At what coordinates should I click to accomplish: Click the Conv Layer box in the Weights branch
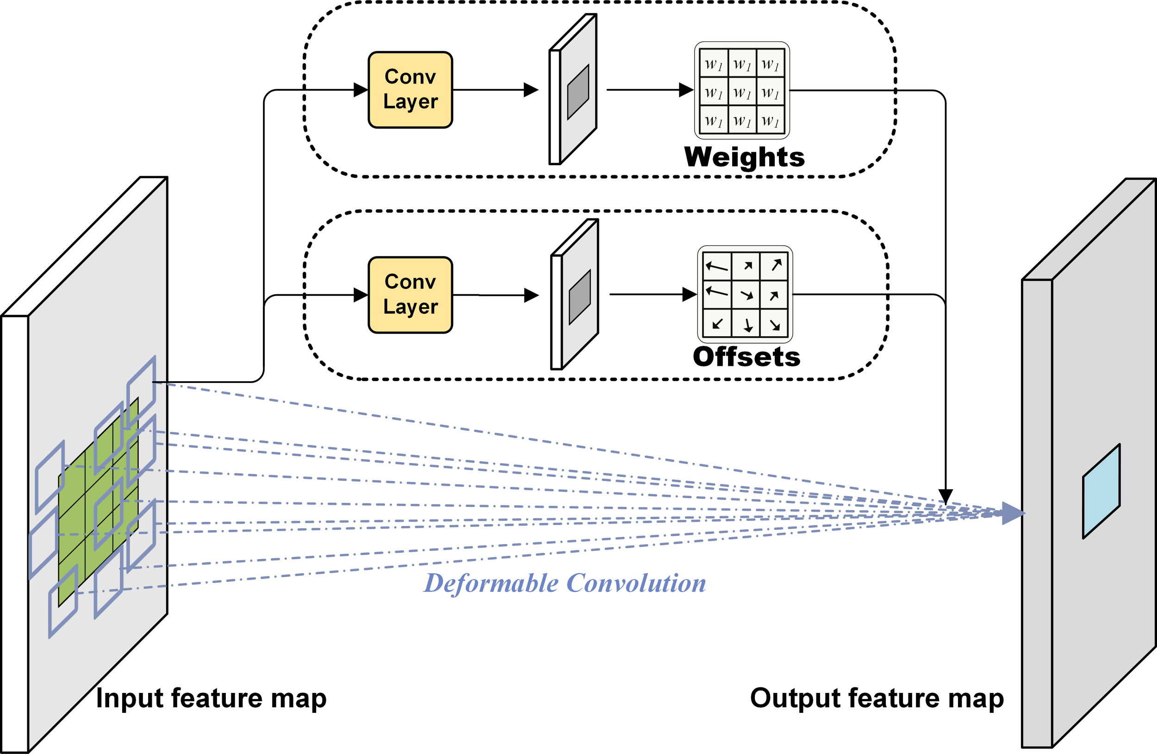tap(411, 90)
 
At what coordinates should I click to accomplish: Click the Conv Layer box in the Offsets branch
tap(411, 295)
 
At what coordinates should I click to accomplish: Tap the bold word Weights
tap(744, 157)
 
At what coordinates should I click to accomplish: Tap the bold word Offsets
tap(746, 357)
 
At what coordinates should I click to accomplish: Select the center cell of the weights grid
tap(742, 91)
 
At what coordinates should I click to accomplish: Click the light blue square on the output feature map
tap(1101, 491)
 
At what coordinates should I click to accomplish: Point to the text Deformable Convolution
tap(565, 583)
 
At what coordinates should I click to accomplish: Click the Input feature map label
tap(211, 698)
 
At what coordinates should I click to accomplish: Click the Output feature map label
tap(877, 698)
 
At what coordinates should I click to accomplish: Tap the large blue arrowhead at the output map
tap(1013, 513)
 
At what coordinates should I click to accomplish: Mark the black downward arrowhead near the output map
tap(946, 496)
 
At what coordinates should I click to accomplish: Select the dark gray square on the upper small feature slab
tap(578, 92)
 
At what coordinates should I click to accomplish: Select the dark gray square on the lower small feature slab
tap(579, 297)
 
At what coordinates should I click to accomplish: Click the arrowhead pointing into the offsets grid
tap(689, 294)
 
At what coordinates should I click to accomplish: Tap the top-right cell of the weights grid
tap(770, 64)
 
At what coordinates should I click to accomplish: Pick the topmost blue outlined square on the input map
tap(142, 393)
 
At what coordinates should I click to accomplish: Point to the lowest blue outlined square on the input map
tap(63, 601)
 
